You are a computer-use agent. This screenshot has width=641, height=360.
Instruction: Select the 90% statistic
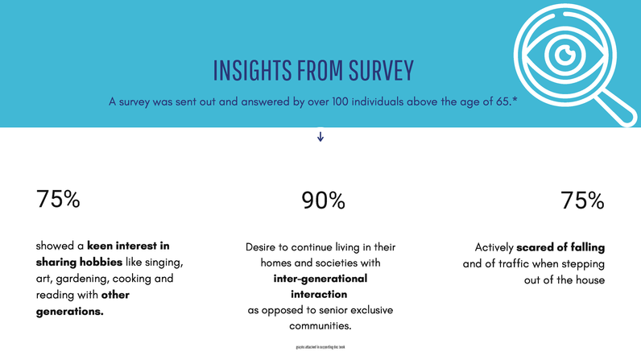click(x=323, y=201)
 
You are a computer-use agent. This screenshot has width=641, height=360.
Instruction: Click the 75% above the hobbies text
click(x=58, y=199)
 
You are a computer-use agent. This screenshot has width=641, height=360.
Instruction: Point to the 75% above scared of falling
click(x=582, y=201)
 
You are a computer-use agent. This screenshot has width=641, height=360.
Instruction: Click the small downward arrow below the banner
click(x=320, y=137)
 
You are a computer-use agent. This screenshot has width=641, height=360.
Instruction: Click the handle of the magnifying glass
click(x=616, y=107)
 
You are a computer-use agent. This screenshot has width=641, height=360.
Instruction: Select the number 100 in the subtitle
click(x=334, y=102)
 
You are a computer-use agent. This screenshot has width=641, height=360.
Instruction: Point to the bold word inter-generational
click(x=320, y=279)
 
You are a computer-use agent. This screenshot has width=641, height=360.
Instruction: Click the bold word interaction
click(x=320, y=294)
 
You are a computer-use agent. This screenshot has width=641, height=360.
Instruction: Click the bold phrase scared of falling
click(x=560, y=246)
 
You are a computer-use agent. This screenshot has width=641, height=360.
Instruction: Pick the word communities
click(x=320, y=326)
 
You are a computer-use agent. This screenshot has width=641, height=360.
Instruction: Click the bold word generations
click(x=70, y=311)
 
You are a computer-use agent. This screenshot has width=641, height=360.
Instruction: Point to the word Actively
click(x=494, y=246)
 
